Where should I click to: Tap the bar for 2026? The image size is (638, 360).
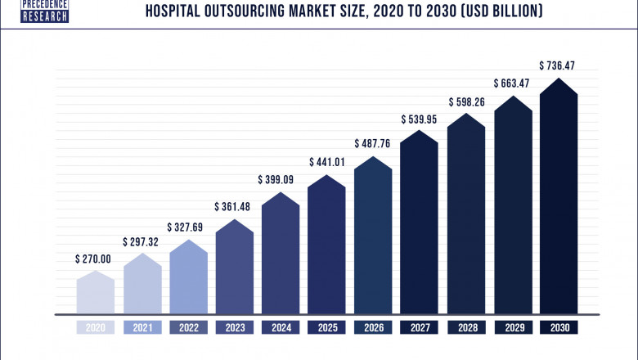coord(374,237)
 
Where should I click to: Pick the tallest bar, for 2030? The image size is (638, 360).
coord(559,196)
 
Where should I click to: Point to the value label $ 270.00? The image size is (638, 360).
coord(96,259)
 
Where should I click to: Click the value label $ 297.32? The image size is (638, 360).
coord(142,242)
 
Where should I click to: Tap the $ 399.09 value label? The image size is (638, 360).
coord(281,179)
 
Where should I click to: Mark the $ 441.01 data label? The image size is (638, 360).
coord(327,162)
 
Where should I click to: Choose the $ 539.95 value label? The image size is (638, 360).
coord(420,119)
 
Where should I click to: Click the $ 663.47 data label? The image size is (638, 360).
coord(513,83)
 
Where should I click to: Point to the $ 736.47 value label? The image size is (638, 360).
coord(559,65)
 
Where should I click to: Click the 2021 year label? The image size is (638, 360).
coord(142,327)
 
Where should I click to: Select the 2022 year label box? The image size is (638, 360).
coord(188,327)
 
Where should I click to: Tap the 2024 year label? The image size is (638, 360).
coord(281,327)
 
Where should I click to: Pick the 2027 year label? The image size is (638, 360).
coord(420,327)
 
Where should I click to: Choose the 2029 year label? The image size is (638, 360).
coord(513,327)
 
